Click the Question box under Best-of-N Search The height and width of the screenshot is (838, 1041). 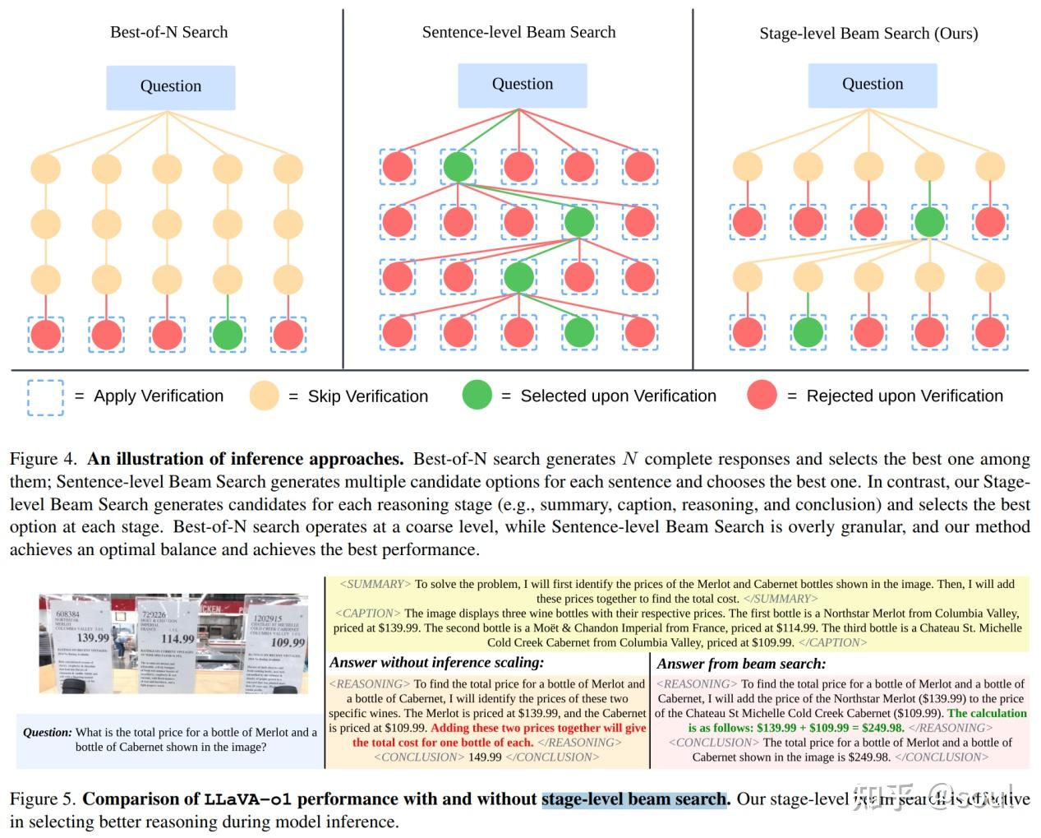(x=170, y=87)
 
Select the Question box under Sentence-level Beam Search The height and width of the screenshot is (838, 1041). (x=522, y=85)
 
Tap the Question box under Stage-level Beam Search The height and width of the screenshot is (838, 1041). (x=872, y=85)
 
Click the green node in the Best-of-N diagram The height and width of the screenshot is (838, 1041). (x=228, y=335)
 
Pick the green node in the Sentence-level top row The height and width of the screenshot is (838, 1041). (x=458, y=167)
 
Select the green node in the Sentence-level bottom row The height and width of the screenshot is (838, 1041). (x=579, y=331)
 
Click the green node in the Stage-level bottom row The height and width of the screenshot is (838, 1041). (x=808, y=331)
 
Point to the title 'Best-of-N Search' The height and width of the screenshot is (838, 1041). (x=168, y=32)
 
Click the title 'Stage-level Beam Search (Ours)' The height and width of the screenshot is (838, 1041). (x=868, y=34)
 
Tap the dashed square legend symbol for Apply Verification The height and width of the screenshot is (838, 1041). (x=45, y=396)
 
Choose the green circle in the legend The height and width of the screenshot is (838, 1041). (x=477, y=396)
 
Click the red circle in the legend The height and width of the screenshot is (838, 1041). (x=762, y=396)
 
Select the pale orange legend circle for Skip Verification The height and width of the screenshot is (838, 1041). (x=265, y=396)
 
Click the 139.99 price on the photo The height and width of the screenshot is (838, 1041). (x=93, y=637)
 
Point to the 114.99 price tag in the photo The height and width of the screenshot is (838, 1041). (x=177, y=639)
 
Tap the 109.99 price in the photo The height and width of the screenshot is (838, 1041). (x=288, y=642)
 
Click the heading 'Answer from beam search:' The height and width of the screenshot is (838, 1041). (x=741, y=664)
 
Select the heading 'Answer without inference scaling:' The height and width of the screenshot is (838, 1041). (x=436, y=663)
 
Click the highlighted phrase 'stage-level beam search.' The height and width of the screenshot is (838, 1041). (x=634, y=799)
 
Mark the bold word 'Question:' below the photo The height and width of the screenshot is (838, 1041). (x=47, y=732)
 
